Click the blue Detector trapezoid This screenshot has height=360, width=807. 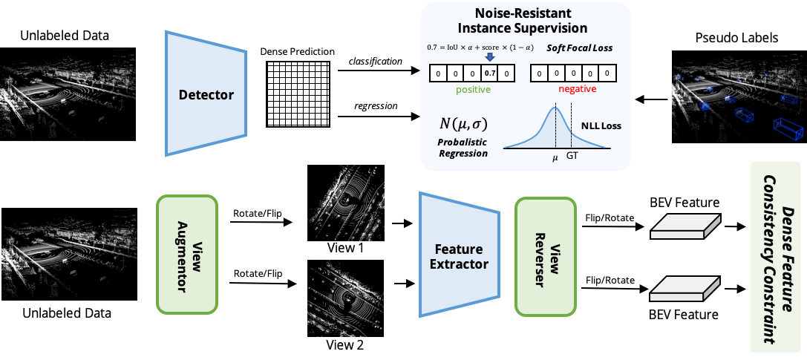click(x=206, y=94)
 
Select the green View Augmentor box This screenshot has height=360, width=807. click(x=186, y=255)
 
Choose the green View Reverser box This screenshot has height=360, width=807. click(x=546, y=255)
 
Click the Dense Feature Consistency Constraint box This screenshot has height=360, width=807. click(x=775, y=257)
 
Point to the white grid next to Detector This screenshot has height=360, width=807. click(x=296, y=94)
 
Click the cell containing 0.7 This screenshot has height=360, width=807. click(x=489, y=73)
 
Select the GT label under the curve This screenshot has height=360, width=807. click(x=572, y=157)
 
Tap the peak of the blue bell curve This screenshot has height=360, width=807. click(x=554, y=108)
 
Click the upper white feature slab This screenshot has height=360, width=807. click(x=685, y=226)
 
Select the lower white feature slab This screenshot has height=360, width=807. click(x=685, y=289)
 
